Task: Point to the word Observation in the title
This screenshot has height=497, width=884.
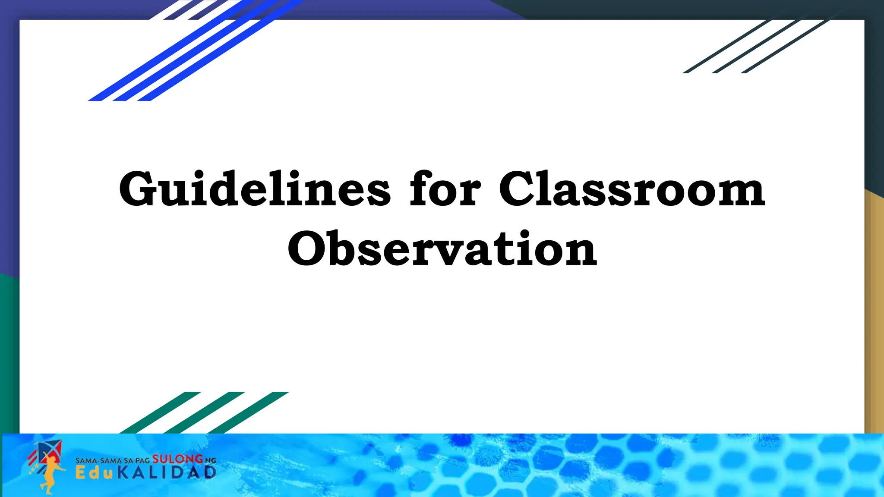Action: (442, 249)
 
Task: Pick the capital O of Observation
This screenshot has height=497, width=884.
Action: (306, 248)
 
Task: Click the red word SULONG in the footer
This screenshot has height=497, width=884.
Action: (177, 459)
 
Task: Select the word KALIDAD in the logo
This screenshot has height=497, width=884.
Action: (167, 473)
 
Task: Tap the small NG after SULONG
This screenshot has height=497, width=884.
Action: (210, 461)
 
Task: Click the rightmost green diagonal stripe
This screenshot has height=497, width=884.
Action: (248, 412)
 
